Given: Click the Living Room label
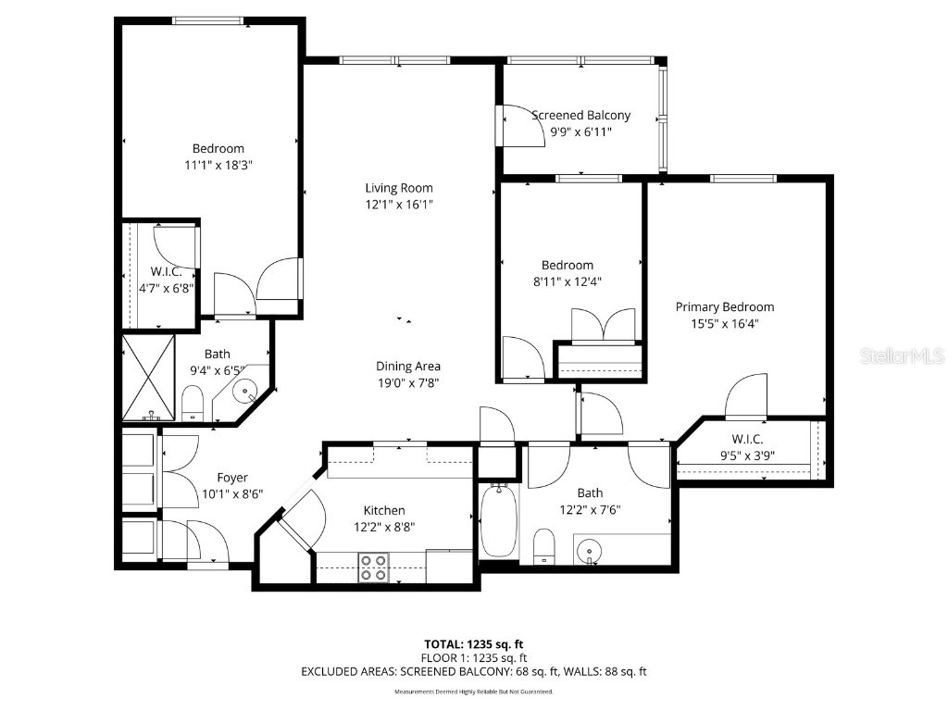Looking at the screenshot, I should (398, 188).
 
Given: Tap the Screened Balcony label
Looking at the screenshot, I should (580, 116).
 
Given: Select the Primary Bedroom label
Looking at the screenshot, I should (724, 307).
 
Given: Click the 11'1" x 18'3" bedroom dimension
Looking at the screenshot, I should (218, 165).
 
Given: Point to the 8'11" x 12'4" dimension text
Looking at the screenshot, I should (568, 281).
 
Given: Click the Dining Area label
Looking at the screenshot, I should (407, 366).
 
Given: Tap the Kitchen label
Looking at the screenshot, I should (383, 510).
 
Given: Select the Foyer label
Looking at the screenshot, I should (232, 478).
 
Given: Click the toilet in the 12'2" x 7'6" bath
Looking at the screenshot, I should (545, 546).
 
